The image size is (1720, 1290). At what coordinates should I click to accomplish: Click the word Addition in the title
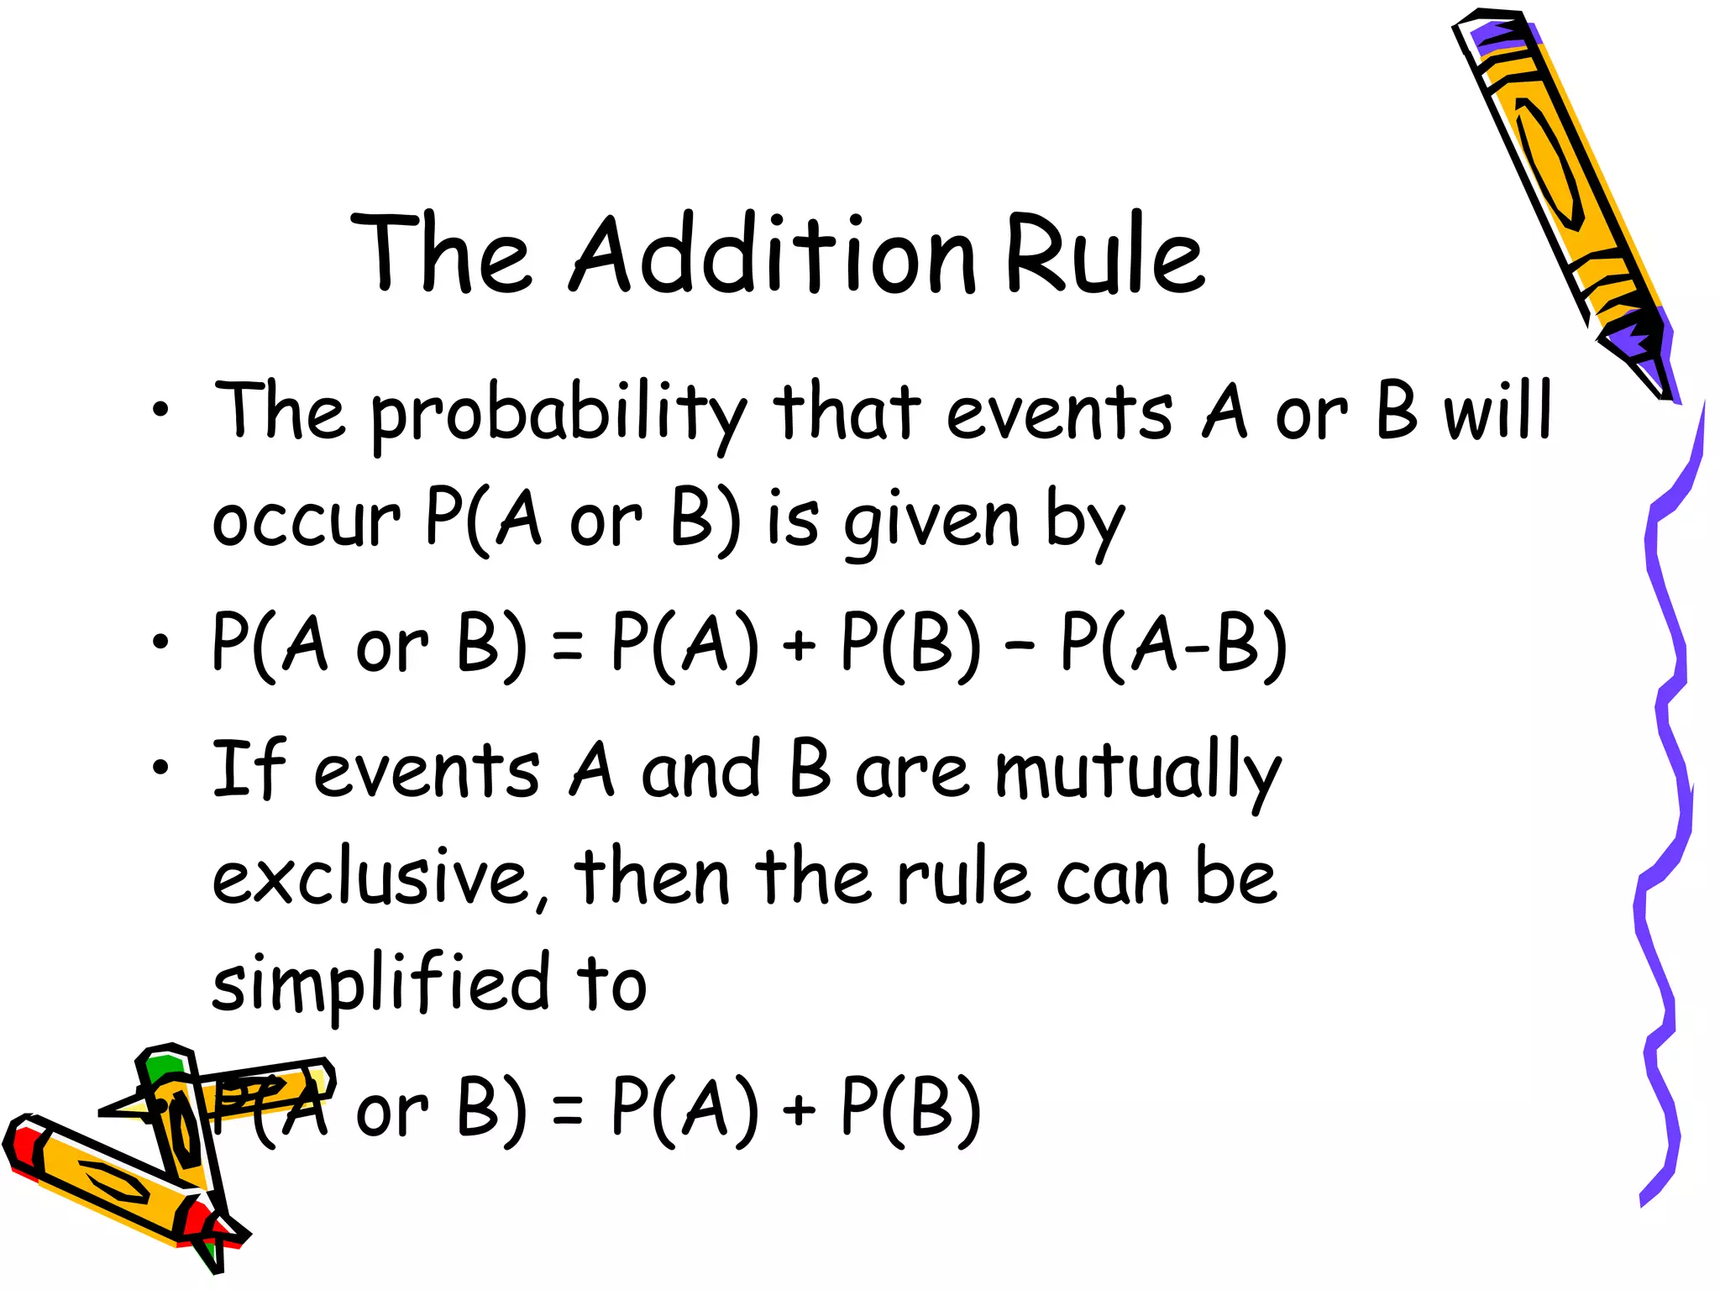tap(773, 254)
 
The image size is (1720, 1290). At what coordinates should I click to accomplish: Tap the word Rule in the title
tap(1105, 254)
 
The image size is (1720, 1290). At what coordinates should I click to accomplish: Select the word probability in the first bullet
tap(558, 413)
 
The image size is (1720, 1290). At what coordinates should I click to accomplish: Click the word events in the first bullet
tap(1059, 413)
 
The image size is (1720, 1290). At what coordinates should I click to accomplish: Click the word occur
tap(306, 520)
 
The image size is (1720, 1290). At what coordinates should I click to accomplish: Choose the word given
tap(932, 520)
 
